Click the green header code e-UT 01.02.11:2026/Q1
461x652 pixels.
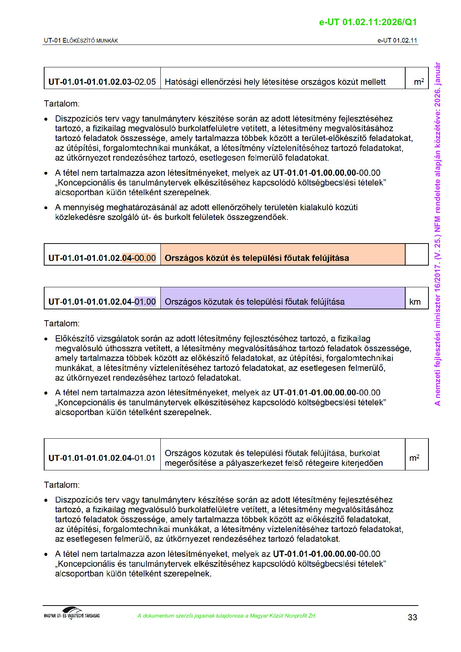368,22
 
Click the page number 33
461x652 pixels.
412,617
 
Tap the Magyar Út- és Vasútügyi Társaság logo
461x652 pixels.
72,613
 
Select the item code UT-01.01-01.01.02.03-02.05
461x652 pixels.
102,82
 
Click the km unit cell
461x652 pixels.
415,302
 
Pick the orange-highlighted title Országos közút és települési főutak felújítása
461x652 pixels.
256,258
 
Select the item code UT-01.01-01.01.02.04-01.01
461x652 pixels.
102,458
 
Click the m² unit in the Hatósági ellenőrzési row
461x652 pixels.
418,82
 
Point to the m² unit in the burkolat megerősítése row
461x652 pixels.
414,458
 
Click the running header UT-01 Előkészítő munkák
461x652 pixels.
81,40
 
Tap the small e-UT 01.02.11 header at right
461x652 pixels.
397,40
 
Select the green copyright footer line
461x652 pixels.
227,616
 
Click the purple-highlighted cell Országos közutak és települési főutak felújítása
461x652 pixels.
255,302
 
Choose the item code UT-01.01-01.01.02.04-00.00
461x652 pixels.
102,258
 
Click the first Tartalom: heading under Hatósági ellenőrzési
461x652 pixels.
62,104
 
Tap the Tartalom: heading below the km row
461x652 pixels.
62,323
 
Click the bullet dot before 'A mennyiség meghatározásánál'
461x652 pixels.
46,208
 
